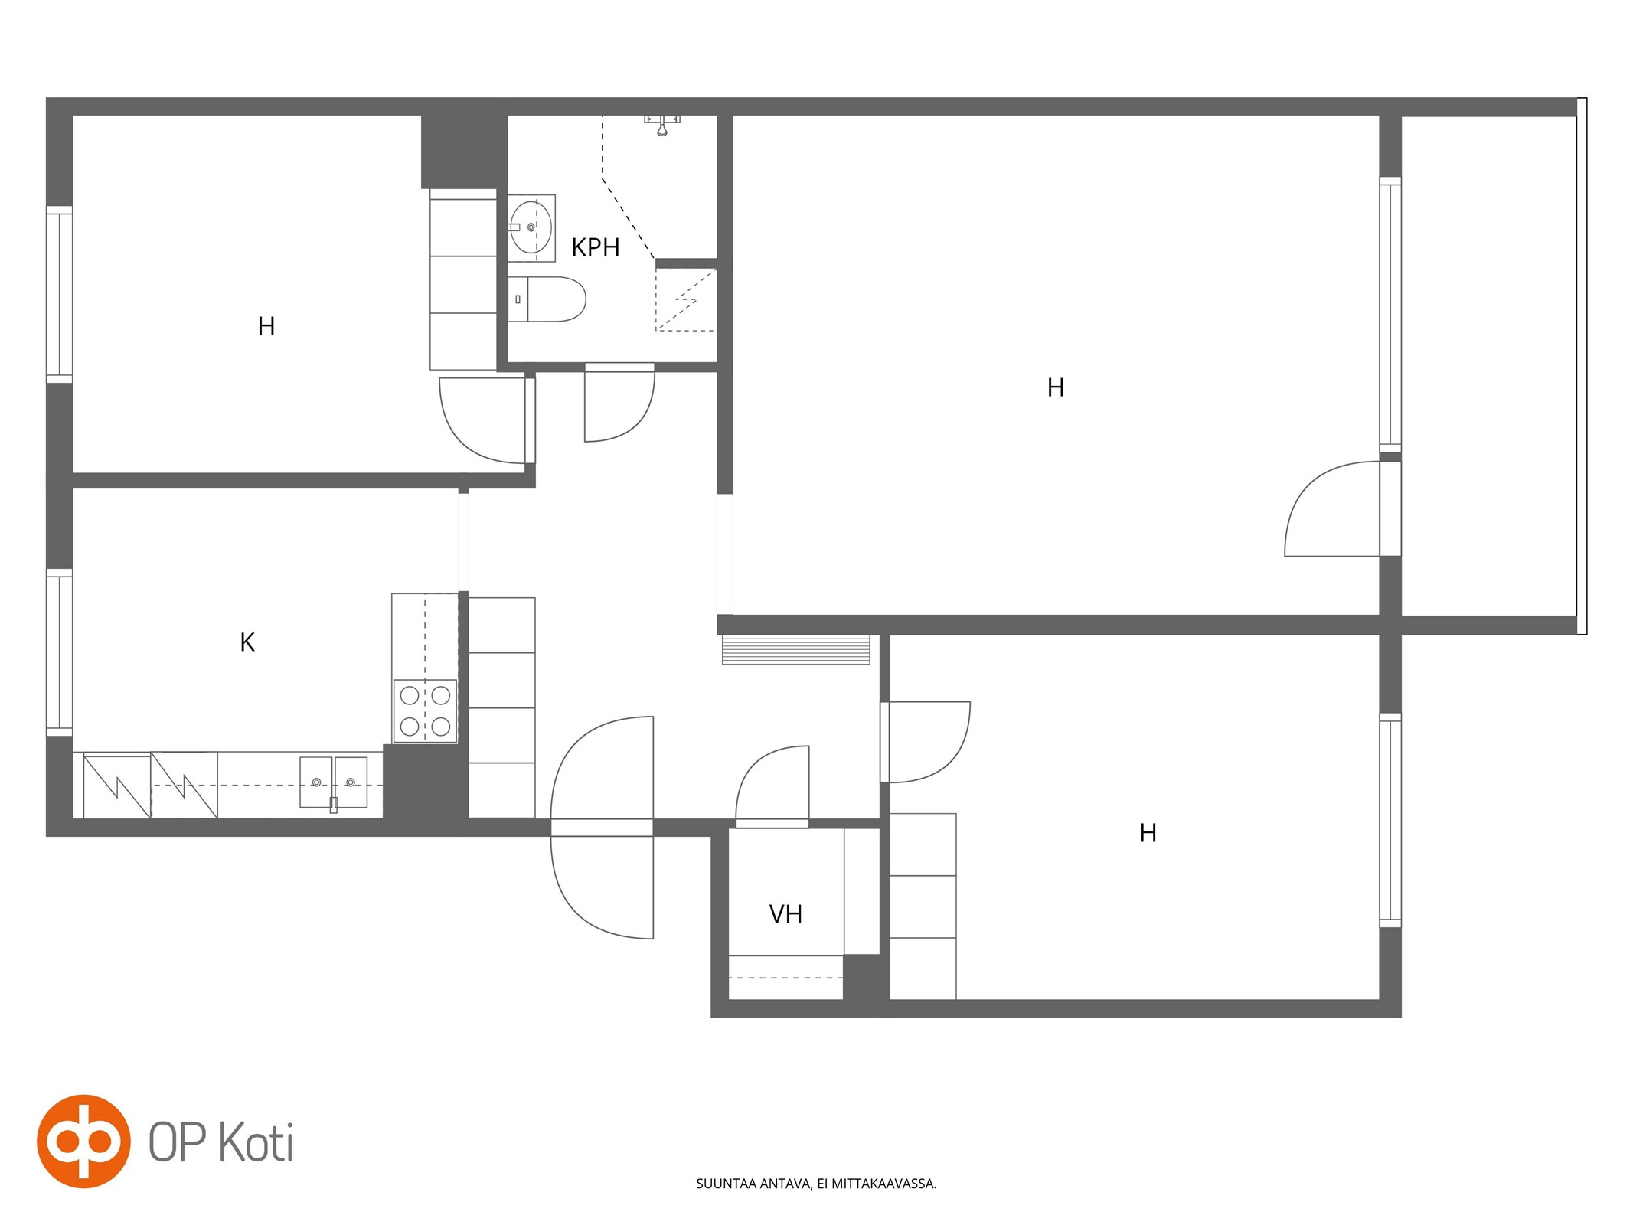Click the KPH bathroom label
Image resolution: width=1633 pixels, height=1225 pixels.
595,247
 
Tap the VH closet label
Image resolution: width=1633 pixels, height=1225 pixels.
785,914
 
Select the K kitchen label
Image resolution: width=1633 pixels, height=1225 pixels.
247,642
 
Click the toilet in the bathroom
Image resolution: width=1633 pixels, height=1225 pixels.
547,299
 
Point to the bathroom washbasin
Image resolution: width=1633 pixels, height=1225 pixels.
531,227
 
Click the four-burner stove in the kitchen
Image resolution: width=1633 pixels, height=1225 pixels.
425,710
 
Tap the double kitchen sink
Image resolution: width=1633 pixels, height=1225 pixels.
333,782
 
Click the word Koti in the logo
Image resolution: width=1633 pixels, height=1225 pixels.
256,1142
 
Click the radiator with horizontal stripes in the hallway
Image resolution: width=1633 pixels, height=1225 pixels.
796,649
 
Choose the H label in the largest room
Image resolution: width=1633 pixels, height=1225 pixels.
1056,388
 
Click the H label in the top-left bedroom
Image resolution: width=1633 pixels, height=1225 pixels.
266,327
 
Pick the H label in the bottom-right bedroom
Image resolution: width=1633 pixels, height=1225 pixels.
1148,833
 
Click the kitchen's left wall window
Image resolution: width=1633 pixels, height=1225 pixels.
59,652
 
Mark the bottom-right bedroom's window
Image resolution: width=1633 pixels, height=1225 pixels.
1390,820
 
